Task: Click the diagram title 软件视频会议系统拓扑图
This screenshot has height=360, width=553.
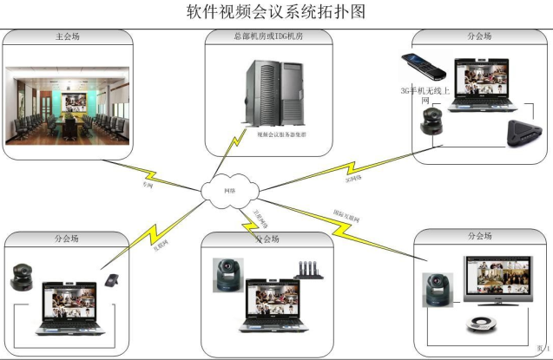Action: [x=276, y=12]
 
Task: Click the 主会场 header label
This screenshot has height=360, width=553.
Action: [x=68, y=37]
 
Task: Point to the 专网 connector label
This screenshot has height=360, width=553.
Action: [x=148, y=185]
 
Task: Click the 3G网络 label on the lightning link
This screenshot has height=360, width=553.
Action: [x=353, y=180]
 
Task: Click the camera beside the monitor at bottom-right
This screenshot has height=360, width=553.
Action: [x=435, y=291]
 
